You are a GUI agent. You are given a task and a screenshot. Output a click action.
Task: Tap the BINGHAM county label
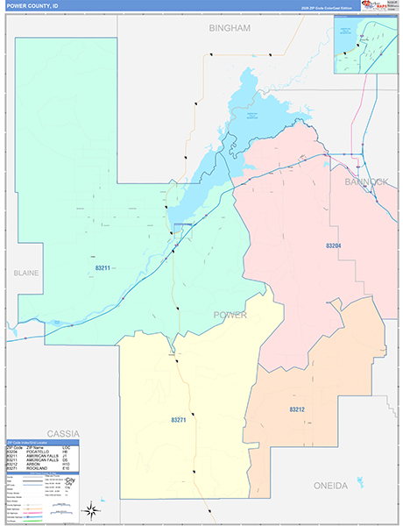click(230, 28)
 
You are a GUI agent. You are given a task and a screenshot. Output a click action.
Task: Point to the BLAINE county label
click(26, 273)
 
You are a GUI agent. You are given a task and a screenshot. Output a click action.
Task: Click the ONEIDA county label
click(330, 485)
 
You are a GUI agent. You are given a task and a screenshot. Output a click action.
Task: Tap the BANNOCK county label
click(365, 181)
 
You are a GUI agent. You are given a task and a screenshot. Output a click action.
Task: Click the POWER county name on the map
click(230, 315)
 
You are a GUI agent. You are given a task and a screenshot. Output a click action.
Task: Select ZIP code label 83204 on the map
click(332, 246)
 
